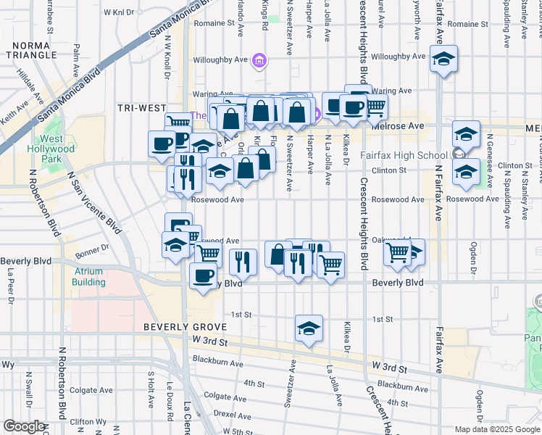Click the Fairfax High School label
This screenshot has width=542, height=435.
(x=404, y=155)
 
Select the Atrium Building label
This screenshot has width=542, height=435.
(x=104, y=276)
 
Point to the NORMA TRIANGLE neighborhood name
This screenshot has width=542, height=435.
(x=30, y=49)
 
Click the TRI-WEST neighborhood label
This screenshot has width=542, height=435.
(x=142, y=108)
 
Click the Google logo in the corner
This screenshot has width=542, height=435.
(x=24, y=426)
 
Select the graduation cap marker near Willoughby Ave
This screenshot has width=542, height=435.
(x=443, y=59)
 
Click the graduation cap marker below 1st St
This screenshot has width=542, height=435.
(x=309, y=328)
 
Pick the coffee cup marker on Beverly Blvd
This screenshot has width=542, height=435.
(x=203, y=275)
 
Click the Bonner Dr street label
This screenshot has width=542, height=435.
(x=90, y=247)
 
